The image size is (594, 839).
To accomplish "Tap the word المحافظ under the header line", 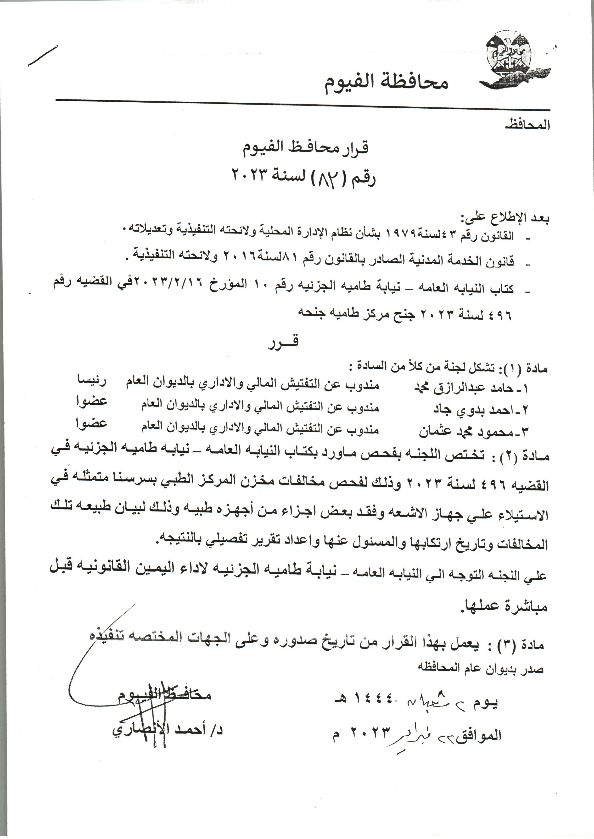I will (527, 125).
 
